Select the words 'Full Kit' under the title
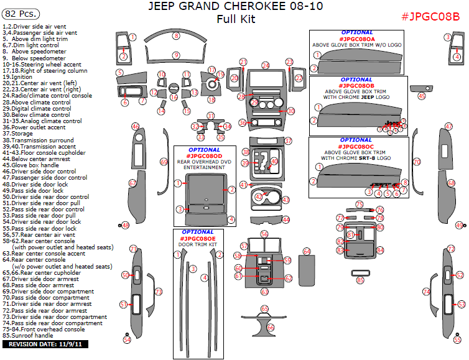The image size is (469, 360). (236, 19)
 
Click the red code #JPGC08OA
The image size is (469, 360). (356, 39)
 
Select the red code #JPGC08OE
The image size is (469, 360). (198, 238)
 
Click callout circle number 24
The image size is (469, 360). (266, 65)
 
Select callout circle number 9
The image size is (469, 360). (176, 55)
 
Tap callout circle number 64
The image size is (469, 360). (307, 251)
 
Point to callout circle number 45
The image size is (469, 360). (422, 96)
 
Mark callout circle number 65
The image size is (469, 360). (264, 308)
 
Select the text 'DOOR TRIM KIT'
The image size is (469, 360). (198, 244)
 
